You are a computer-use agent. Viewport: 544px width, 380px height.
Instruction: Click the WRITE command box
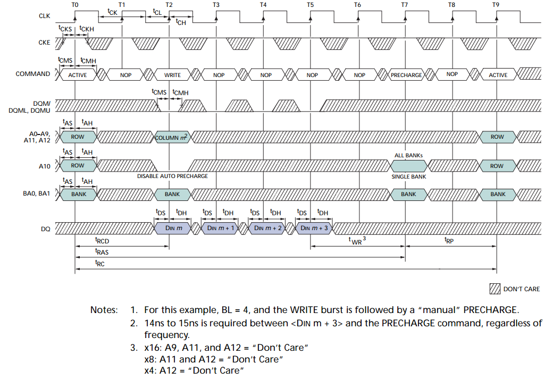pos(172,75)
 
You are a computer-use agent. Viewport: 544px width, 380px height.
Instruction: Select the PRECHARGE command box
pos(406,75)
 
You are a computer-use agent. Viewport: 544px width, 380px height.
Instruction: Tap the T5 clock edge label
pos(310,5)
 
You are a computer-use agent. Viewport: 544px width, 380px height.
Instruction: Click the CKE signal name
pos(44,43)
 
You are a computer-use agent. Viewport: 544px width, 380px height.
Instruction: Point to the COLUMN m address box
pos(172,137)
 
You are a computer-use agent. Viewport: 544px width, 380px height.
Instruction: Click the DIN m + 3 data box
pos(314,228)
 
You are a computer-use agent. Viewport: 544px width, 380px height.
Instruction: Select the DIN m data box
pos(172,228)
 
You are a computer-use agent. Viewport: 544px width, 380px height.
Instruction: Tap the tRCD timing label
pos(102,241)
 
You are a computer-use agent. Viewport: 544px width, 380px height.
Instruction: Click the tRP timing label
pos(449,240)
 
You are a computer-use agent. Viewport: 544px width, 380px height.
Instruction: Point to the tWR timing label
pos(357,241)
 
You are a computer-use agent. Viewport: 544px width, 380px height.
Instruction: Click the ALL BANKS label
pos(408,155)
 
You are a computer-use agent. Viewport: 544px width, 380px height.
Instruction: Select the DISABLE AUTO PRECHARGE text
pos(172,176)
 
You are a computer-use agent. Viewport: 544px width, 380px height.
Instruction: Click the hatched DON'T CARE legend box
pos(495,289)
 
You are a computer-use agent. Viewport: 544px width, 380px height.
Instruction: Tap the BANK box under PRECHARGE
pos(408,195)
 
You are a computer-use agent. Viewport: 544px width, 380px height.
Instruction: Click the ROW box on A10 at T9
pos(497,166)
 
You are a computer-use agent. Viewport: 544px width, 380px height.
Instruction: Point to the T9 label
pos(496,5)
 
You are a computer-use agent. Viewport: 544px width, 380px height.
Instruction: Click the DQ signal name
pos(45,229)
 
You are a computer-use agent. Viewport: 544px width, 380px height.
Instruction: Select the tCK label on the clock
pos(112,12)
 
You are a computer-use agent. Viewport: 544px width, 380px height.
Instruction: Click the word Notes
pos(104,310)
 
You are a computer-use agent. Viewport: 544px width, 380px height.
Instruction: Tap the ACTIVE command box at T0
pos(77,75)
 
